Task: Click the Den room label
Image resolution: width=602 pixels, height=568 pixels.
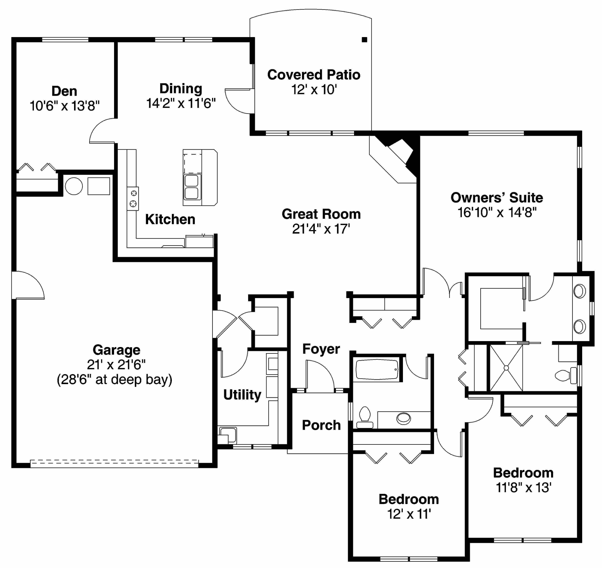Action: pyautogui.click(x=64, y=91)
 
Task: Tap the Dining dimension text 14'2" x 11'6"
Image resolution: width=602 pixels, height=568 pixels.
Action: pyautogui.click(x=181, y=103)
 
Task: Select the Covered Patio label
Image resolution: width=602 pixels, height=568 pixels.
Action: pyautogui.click(x=314, y=75)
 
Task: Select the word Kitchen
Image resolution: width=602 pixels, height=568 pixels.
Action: pyautogui.click(x=170, y=219)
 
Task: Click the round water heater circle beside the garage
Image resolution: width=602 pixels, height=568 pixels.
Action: pyautogui.click(x=74, y=186)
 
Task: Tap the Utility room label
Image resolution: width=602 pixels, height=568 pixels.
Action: pyautogui.click(x=242, y=395)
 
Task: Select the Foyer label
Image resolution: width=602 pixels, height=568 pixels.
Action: pyautogui.click(x=321, y=349)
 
